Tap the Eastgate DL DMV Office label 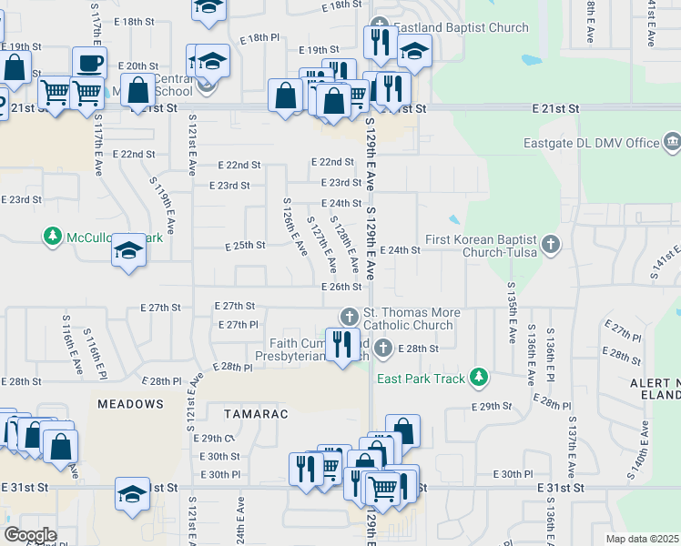click(591, 143)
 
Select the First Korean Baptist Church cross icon click(550, 244)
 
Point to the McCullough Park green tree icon click(54, 238)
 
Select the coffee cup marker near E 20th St click(89, 63)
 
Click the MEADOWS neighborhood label click(131, 403)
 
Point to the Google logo click(30, 534)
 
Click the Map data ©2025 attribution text click(643, 539)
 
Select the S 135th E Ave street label click(511, 309)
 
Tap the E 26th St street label click(341, 287)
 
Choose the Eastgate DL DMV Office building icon click(672, 142)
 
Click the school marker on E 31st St click(132, 494)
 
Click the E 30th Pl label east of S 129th click(513, 474)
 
